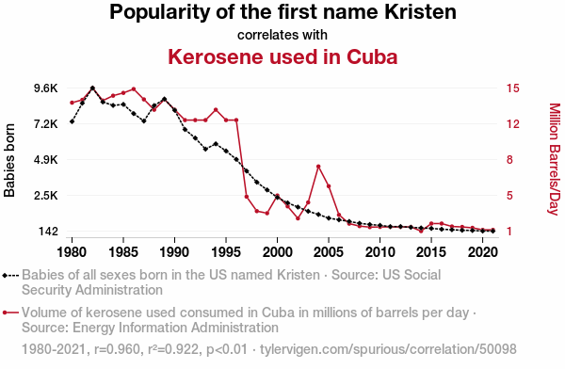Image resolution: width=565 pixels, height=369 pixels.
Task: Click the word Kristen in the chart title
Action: (x=420, y=11)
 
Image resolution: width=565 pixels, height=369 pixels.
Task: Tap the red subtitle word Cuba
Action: (x=372, y=56)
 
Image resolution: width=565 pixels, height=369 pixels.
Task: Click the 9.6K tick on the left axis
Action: (x=46, y=88)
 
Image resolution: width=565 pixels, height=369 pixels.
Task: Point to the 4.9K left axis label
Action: (x=46, y=159)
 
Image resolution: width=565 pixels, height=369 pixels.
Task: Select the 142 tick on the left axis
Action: (x=48, y=231)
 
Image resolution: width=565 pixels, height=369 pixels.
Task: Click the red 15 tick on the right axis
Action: (x=513, y=88)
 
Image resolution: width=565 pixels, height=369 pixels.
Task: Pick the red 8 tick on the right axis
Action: (x=509, y=159)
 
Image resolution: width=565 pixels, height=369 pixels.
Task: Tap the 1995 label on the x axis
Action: (x=226, y=252)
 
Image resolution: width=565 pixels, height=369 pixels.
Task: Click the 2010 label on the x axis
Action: (x=380, y=252)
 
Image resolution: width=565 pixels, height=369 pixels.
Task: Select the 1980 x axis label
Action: (x=73, y=252)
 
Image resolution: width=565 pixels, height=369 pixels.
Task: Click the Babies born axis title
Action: (x=9, y=160)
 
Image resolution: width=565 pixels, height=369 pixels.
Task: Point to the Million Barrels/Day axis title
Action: (x=555, y=159)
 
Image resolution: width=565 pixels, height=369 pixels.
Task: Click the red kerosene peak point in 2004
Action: (x=318, y=167)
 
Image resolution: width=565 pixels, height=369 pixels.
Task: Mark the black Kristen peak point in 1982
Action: (x=92, y=88)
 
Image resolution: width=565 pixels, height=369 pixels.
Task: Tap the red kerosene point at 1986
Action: (x=134, y=88)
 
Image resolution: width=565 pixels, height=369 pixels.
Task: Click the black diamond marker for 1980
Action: (x=73, y=121)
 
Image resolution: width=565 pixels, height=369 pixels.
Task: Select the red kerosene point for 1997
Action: (x=247, y=197)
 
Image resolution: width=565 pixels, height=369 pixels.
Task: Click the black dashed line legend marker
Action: (x=10, y=276)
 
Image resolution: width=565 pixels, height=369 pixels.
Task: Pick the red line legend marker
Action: (x=10, y=313)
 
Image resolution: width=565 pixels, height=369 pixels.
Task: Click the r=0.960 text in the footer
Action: (x=117, y=349)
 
